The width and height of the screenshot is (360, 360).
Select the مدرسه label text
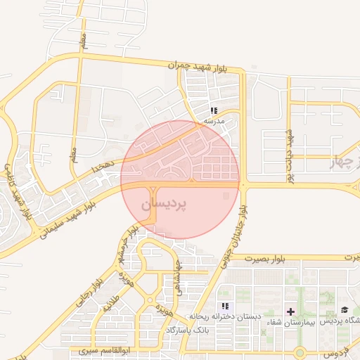(214, 122)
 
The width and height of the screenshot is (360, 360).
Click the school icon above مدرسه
(214, 110)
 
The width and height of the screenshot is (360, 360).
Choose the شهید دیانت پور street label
(289, 156)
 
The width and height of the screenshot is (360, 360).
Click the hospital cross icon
(290, 311)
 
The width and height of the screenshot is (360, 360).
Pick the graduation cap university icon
(345, 310)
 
